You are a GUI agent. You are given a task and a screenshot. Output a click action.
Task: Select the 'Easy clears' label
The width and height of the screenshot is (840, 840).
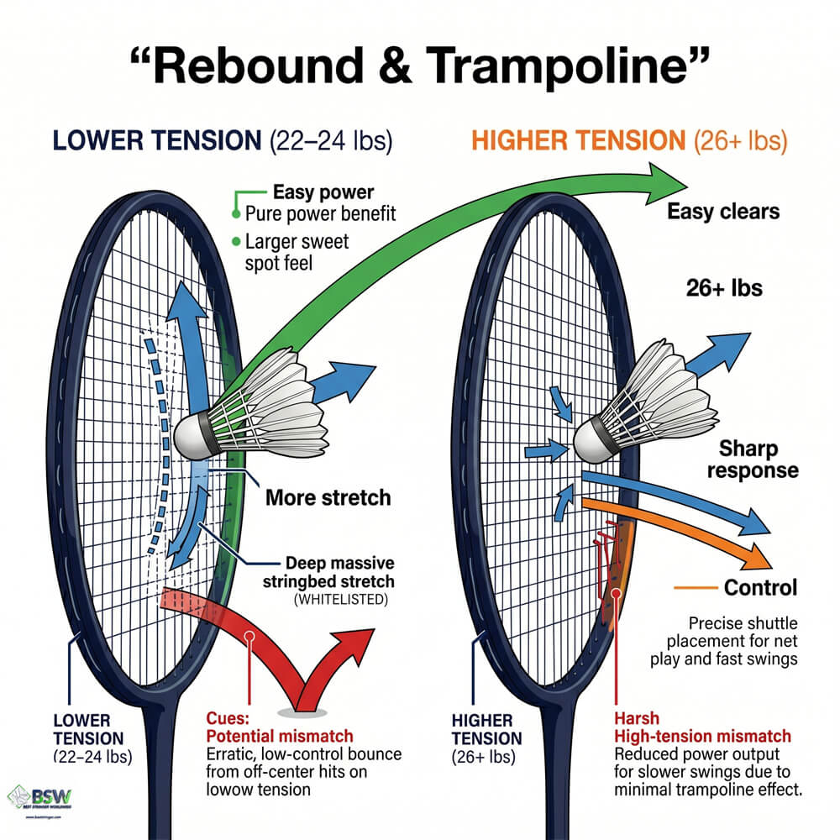coord(723,211)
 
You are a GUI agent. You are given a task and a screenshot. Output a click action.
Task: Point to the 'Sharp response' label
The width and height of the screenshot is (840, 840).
coord(752,459)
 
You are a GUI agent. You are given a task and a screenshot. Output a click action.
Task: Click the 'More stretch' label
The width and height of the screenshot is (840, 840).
coord(328,497)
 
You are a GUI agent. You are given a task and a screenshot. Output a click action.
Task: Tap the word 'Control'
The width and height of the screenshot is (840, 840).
coord(760,587)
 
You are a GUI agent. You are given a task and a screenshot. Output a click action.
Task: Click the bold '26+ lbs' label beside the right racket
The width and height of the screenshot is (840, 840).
coord(724,288)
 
